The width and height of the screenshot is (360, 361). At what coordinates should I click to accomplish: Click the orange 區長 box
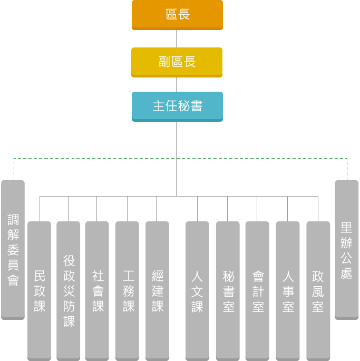pos(177,15)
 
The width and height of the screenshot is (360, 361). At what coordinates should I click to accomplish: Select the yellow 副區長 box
pos(177,62)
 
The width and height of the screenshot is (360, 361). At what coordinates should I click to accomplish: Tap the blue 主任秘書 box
pos(177,106)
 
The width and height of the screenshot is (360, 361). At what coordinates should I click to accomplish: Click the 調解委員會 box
pos(13,249)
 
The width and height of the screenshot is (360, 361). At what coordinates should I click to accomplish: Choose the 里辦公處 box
pos(346,249)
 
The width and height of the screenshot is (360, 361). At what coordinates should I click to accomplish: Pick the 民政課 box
pos(40,290)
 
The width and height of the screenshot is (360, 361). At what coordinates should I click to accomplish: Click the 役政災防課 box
pos(69,290)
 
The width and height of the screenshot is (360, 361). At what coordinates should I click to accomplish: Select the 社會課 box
pos(98,290)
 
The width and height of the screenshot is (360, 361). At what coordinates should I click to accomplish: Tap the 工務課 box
pos(128,290)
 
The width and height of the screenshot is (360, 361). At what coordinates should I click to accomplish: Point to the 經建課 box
pos(158,290)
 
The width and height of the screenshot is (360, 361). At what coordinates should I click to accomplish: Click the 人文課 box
pos(197,290)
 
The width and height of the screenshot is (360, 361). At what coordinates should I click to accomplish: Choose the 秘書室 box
pos(228,290)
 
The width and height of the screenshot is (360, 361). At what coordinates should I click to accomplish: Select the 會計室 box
pos(258,290)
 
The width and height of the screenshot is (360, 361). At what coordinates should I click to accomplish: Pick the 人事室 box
pos(288,290)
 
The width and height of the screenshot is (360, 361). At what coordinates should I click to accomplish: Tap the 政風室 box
pos(318,290)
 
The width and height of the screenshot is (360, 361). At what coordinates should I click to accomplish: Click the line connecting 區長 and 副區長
pos(177,38)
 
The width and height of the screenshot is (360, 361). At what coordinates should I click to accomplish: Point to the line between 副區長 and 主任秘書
pos(177,84)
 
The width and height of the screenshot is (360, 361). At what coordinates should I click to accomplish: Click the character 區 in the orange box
pos(171,15)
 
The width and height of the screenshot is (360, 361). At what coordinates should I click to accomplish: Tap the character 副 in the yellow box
pos(164,62)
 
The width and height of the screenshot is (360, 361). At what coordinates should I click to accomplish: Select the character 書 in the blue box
pos(197,106)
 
